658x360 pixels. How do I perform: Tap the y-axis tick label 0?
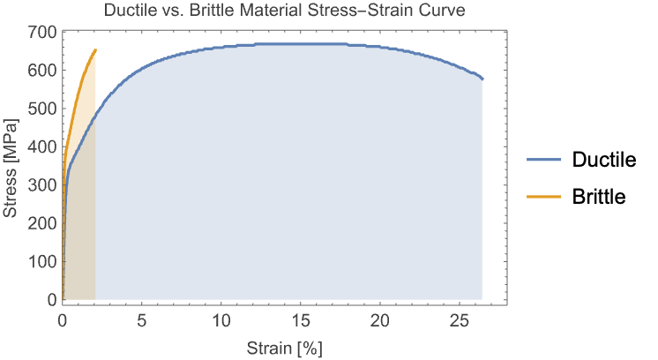tap(51, 300)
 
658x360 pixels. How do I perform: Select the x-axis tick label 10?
tap(221, 320)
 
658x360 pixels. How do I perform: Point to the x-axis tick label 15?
tap(301, 320)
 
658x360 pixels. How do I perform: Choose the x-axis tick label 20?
tap(380, 320)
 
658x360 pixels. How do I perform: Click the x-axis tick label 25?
tap(460, 320)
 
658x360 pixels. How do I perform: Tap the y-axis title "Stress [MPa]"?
tap(11, 168)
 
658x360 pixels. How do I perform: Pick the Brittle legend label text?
tap(599, 198)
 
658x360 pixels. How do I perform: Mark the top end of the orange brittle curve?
tap(95, 49)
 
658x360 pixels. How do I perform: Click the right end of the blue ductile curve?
tap(482, 79)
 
